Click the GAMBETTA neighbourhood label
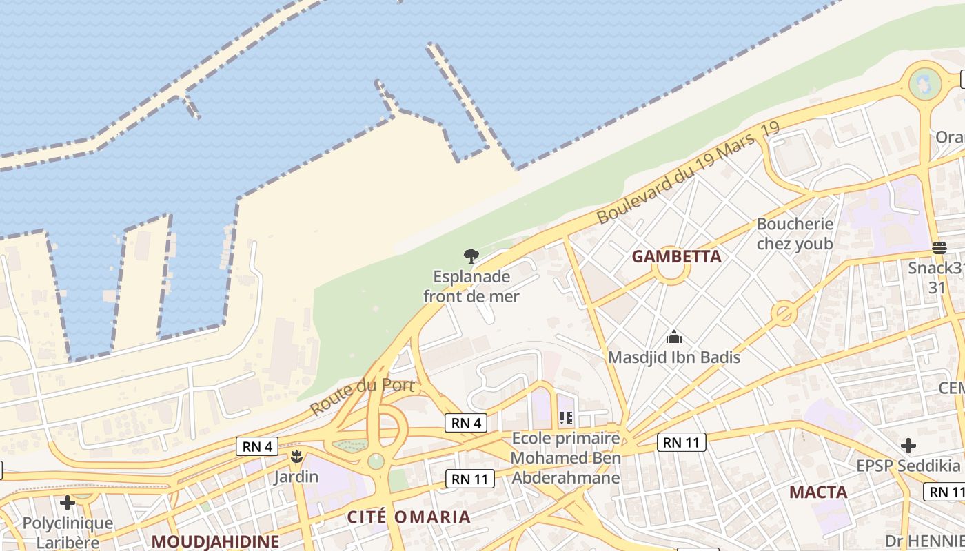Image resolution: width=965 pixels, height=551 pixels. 676,257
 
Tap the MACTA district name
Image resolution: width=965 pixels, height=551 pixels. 818,492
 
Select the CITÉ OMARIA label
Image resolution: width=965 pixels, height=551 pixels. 409,517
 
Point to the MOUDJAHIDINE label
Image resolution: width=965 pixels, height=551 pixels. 215,541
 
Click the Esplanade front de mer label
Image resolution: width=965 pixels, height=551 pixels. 471,287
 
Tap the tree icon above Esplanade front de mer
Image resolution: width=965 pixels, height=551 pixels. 471,257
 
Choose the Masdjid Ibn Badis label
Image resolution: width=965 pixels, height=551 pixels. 673,357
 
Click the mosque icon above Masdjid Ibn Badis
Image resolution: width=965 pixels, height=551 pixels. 673,337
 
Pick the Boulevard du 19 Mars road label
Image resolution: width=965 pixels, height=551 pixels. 687,173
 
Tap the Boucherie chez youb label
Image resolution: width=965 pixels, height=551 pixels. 795,233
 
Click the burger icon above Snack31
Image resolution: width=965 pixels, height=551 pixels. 939,247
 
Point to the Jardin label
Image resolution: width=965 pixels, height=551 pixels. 296,477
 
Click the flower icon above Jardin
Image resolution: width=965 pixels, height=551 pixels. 296,456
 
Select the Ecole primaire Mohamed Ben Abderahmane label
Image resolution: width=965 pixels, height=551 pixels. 566,458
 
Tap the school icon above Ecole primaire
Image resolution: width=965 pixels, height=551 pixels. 566,417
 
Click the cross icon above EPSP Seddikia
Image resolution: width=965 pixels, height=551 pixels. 908,446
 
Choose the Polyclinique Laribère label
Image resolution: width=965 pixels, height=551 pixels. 68,532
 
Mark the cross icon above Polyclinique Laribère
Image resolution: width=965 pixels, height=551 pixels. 67,502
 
